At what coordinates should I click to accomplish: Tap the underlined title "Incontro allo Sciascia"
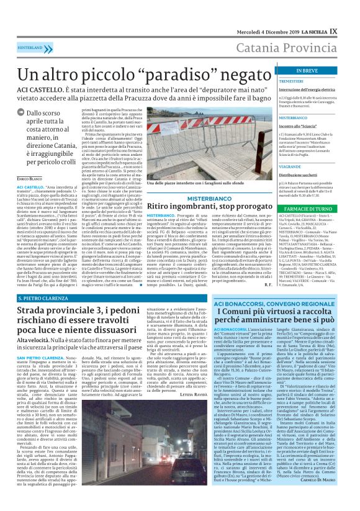point(299,125)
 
